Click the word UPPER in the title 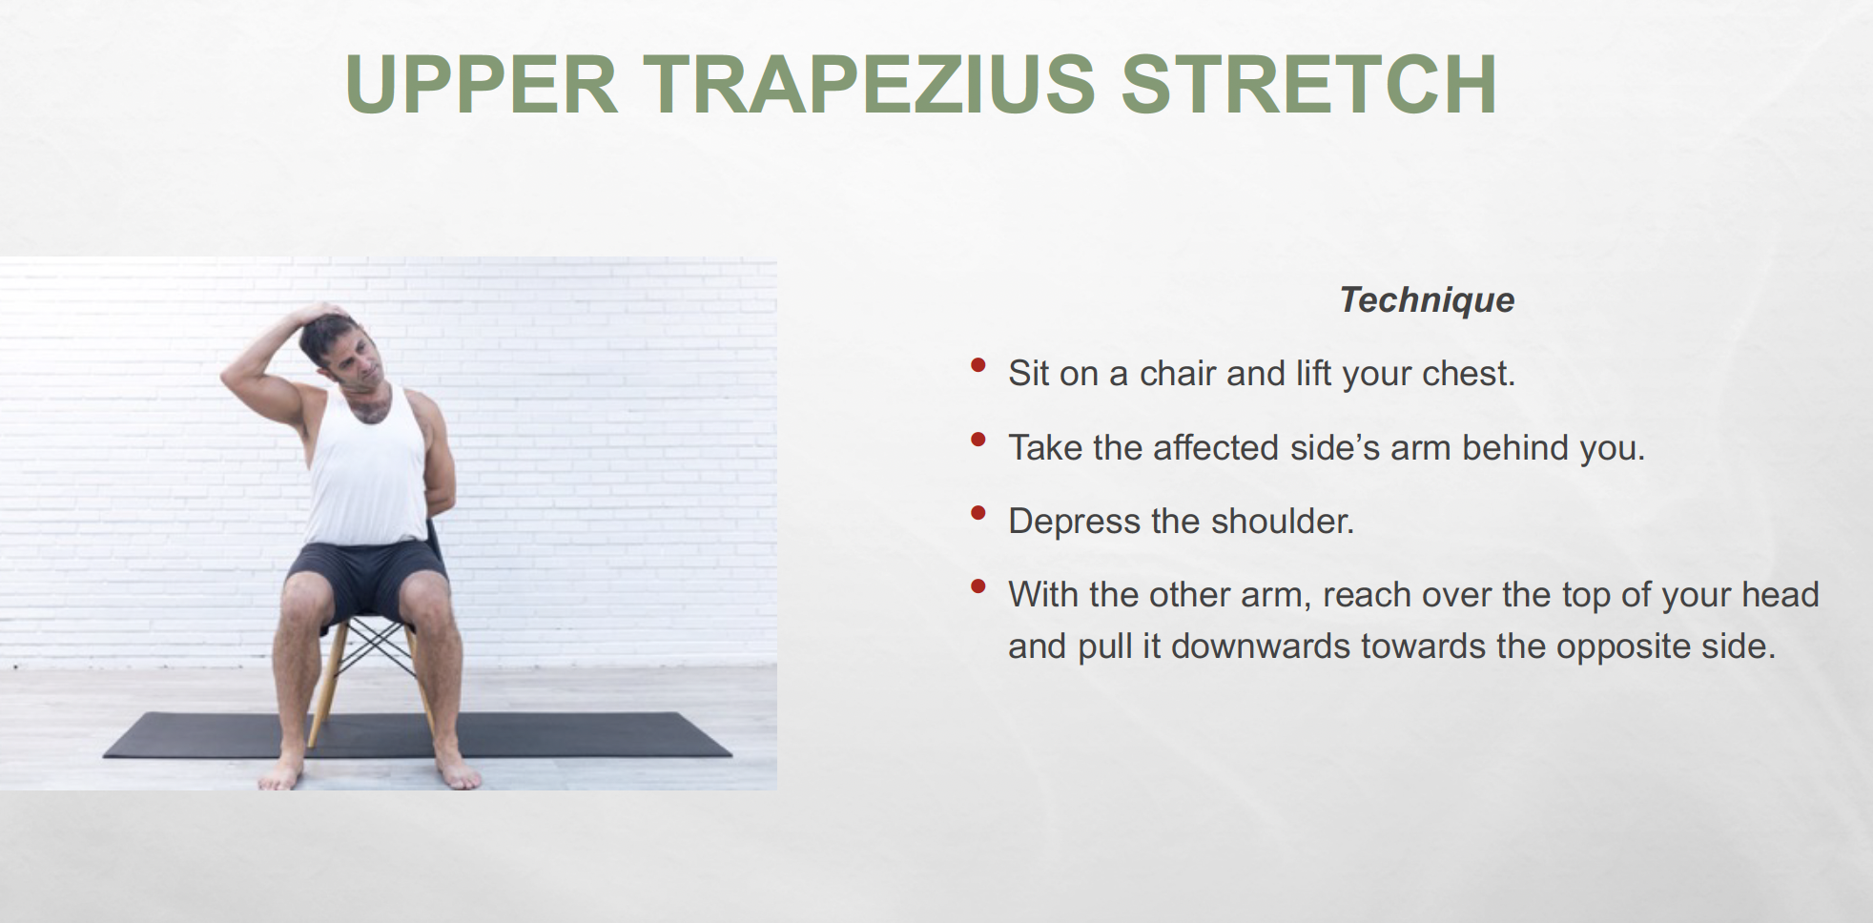click(x=482, y=84)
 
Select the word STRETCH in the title click(x=1308, y=84)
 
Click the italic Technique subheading click(x=1427, y=300)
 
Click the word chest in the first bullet click(x=1469, y=373)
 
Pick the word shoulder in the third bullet click(x=1282, y=522)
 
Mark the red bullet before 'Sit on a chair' click(x=978, y=365)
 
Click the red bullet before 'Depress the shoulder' click(x=978, y=513)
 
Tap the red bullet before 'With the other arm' click(x=978, y=586)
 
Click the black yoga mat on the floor click(x=417, y=735)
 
